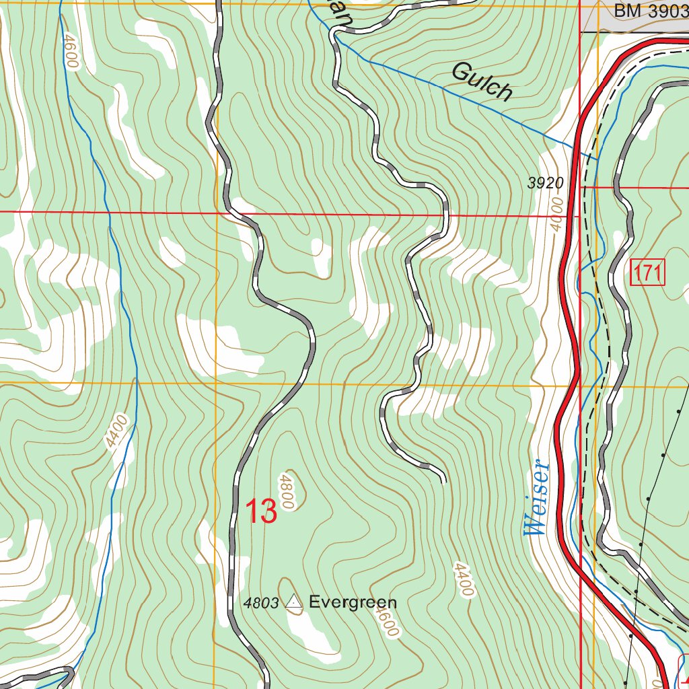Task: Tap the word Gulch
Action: (x=482, y=81)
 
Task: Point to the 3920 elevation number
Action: (x=544, y=183)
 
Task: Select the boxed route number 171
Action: (x=648, y=273)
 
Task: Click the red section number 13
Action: (x=261, y=511)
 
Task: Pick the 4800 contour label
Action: (x=287, y=490)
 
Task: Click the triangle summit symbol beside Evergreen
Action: (x=294, y=602)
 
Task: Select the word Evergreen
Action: (x=353, y=602)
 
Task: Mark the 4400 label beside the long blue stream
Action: (x=116, y=432)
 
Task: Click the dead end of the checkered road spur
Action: (x=443, y=480)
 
